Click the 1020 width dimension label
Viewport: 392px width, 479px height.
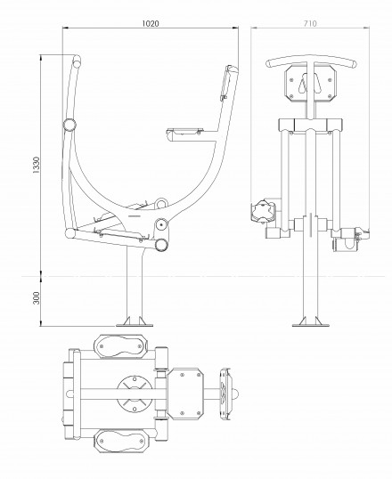pyautogui.click(x=151, y=23)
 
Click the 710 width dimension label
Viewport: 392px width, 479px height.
pyautogui.click(x=310, y=23)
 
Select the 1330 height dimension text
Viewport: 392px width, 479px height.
pyautogui.click(x=37, y=166)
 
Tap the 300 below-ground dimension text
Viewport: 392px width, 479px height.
pyautogui.click(x=37, y=298)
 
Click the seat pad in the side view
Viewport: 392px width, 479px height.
pyautogui.click(x=185, y=132)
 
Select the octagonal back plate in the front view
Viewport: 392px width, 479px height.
pyautogui.click(x=310, y=84)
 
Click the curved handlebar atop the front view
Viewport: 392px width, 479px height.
pyautogui.click(x=311, y=61)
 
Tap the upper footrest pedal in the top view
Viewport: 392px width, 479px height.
pyautogui.click(x=120, y=346)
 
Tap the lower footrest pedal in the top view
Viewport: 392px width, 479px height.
pyautogui.click(x=120, y=441)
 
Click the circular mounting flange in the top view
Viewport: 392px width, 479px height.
pyautogui.click(x=135, y=394)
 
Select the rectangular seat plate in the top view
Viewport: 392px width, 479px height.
pyautogui.click(x=185, y=394)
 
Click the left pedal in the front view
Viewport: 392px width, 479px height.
pyautogui.click(x=262, y=212)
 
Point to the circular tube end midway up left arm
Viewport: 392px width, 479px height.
pyautogui.click(x=69, y=125)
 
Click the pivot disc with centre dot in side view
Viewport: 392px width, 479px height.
pyautogui.click(x=161, y=225)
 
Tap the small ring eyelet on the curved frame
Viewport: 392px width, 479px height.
pyautogui.click(x=161, y=203)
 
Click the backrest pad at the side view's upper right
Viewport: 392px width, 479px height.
pyautogui.click(x=226, y=83)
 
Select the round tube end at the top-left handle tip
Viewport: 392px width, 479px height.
pyautogui.click(x=77, y=63)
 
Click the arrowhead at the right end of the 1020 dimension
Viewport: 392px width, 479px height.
pyautogui.click(x=236, y=28)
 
